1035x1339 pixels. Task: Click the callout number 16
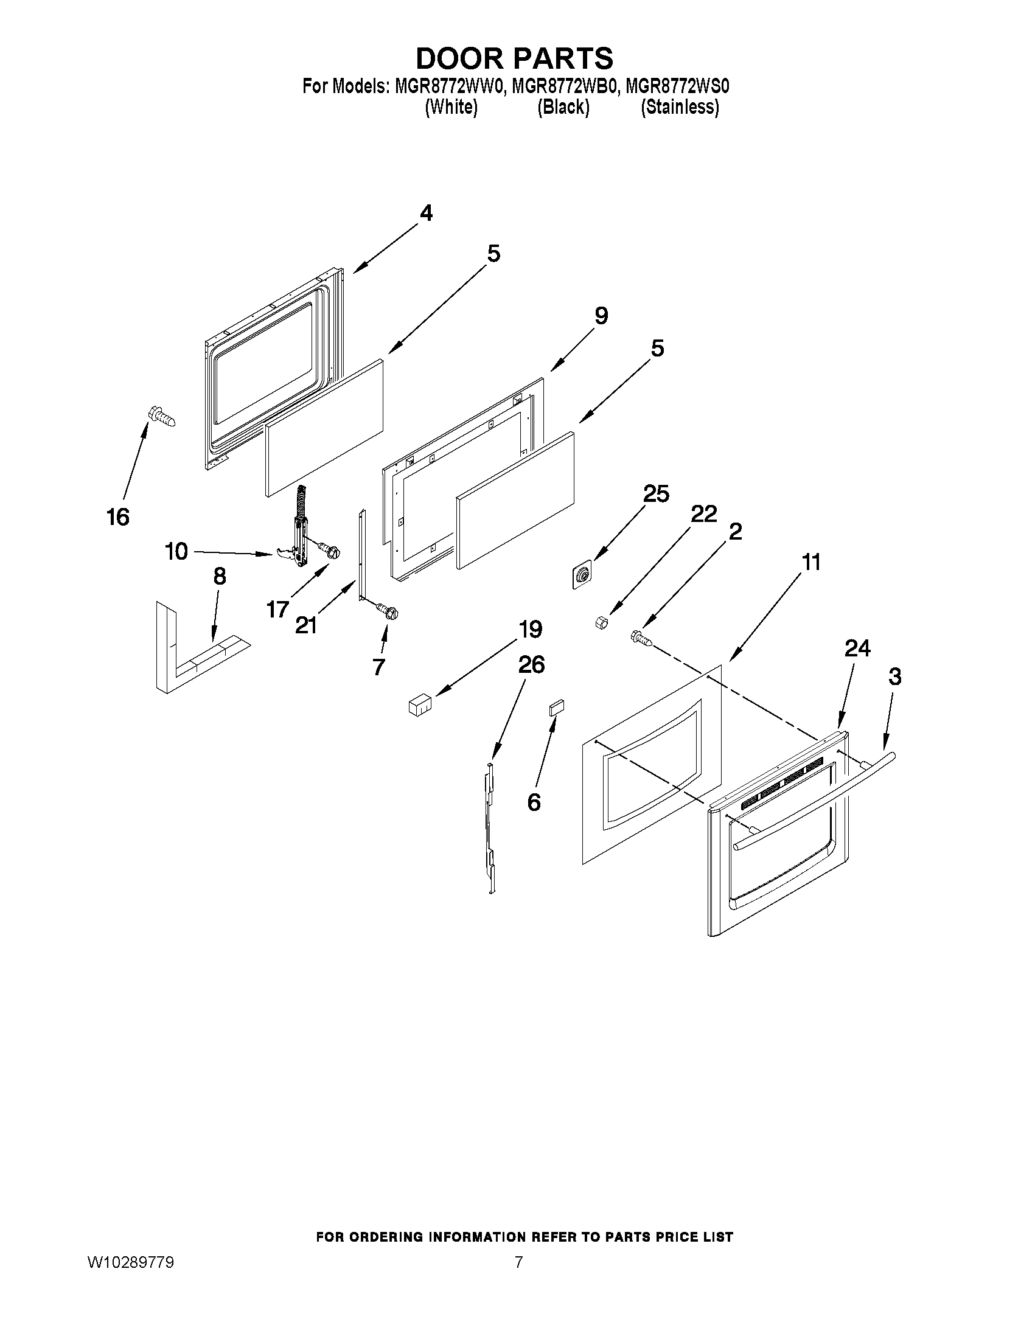click(x=117, y=517)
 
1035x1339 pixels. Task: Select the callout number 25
click(x=655, y=493)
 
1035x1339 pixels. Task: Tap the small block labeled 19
click(x=419, y=704)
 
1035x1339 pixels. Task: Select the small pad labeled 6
click(x=556, y=708)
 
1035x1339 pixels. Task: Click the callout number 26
click(x=531, y=664)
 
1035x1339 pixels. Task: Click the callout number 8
click(x=219, y=576)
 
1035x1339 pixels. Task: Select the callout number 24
click(x=857, y=648)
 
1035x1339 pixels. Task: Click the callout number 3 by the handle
click(x=894, y=677)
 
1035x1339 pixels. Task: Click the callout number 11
click(x=811, y=562)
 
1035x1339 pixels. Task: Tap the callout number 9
click(x=601, y=316)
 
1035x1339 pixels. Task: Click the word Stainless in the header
click(x=680, y=107)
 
